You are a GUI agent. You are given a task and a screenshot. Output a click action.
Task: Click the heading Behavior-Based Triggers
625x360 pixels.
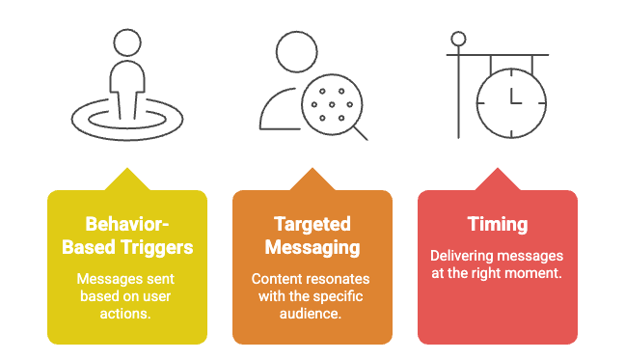[126, 235]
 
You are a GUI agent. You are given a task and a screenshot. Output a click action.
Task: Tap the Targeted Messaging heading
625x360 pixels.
[312, 235]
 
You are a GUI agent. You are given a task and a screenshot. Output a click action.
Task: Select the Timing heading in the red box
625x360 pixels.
[497, 225]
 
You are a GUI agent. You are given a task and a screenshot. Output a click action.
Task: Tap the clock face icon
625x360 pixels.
[511, 101]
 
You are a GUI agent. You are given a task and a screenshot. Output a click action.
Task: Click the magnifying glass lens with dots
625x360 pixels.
[329, 103]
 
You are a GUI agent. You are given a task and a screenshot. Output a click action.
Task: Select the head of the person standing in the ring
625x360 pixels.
[127, 45]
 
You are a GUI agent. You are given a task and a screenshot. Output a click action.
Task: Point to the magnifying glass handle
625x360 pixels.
[359, 132]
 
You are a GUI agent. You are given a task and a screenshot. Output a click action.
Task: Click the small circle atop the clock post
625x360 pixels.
[459, 40]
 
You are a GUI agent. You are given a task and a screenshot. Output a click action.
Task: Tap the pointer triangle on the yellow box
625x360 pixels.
[126, 179]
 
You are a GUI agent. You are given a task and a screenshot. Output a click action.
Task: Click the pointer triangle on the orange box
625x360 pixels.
[312, 179]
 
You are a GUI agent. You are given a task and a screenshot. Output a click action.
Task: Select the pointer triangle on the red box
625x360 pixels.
[497, 179]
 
